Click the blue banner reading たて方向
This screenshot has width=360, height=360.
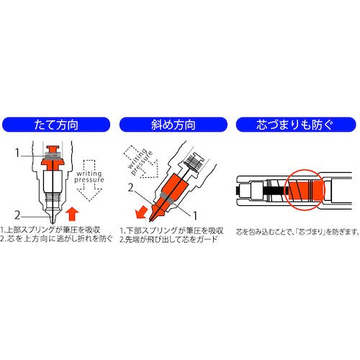pyautogui.click(x=56, y=125)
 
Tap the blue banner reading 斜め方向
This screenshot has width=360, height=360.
pyautogui.click(x=173, y=125)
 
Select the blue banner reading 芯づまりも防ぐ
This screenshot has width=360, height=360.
pyautogui.click(x=296, y=125)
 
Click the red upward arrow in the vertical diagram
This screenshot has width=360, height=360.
pyautogui.click(x=72, y=215)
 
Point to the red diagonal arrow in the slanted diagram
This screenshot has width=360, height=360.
pyautogui.click(x=141, y=212)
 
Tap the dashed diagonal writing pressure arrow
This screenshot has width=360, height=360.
pyautogui.click(x=141, y=161)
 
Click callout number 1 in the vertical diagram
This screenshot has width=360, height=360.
pyautogui.click(x=17, y=153)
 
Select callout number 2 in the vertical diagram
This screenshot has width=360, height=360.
pyautogui.click(x=17, y=215)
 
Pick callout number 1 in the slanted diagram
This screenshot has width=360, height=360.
pyautogui.click(x=195, y=215)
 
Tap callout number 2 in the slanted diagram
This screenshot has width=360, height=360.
pyautogui.click(x=130, y=188)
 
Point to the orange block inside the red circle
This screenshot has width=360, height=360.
pyautogui.click(x=305, y=190)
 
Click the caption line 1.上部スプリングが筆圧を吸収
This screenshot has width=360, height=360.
pyautogui.click(x=50, y=230)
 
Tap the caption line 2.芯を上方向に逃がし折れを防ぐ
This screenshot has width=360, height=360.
pyautogui.click(x=57, y=239)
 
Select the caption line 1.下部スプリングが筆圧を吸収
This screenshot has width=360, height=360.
pyautogui.click(x=172, y=230)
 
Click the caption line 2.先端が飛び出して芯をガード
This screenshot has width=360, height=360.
pyautogui.click(x=168, y=240)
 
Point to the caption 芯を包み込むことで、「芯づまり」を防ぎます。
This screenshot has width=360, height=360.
pyautogui.click(x=298, y=232)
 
